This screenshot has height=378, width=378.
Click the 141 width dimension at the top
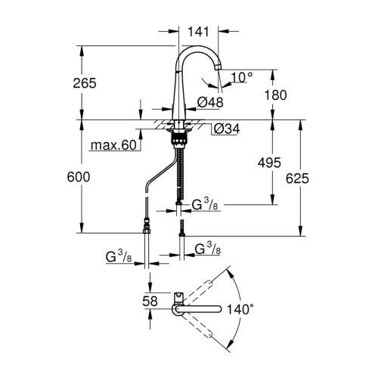(198, 32)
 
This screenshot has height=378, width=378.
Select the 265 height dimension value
(85, 83)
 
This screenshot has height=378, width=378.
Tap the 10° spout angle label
(242, 77)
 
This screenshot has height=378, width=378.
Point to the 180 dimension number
(275, 95)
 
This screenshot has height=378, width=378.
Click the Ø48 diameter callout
(210, 102)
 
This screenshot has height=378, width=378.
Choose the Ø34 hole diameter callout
(227, 129)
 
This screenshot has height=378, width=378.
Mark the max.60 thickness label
(113, 145)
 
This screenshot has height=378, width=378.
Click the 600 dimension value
(79, 177)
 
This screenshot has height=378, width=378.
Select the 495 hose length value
(269, 163)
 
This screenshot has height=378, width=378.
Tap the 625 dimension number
(297, 178)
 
